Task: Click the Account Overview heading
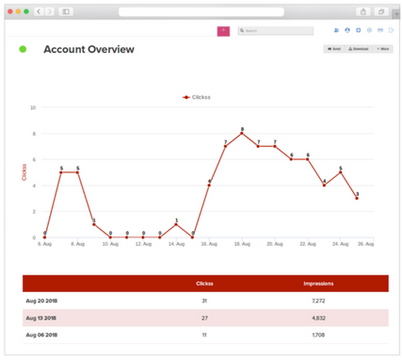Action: pos(88,49)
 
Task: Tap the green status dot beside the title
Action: pos(23,49)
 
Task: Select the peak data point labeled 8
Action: pos(242,134)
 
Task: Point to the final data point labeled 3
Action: pos(357,198)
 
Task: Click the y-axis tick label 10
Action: pos(33,107)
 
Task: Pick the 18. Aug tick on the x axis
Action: pos(242,244)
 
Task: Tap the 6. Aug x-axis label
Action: pos(44,244)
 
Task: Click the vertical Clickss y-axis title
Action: pos(24,172)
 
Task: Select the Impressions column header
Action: pos(318,284)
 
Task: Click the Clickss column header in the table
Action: pos(204,284)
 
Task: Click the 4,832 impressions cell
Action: pos(318,318)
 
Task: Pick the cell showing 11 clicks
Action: pos(204,335)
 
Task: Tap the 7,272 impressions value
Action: pos(318,301)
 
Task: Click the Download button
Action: pos(358,48)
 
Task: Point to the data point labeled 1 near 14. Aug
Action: pos(176,224)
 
